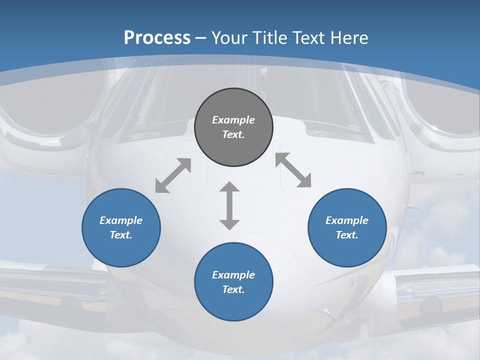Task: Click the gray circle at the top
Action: pos(233,127)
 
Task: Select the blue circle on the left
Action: pos(121,227)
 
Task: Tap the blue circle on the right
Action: pos(347,227)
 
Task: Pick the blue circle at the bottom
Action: pos(233,282)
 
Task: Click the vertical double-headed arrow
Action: pos(229,205)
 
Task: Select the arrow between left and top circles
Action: pos(173,175)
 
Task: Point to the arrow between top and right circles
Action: pos(293,170)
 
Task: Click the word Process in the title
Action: pos(157,37)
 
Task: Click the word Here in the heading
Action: pos(350,37)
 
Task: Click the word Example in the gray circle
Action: pos(233,120)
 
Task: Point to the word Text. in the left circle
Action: pos(121,235)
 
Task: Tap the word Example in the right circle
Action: pos(347,220)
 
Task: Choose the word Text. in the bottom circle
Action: pos(233,289)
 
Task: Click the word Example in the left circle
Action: pos(121,220)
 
